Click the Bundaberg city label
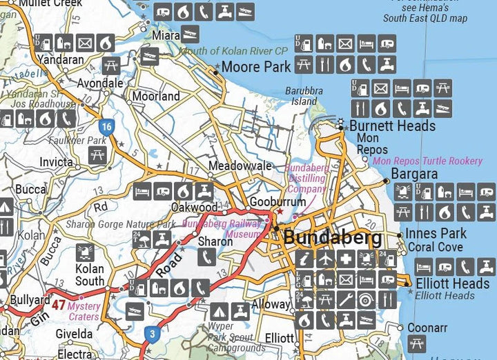pyautogui.click(x=333, y=239)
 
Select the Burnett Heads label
pyautogui.click(x=392, y=126)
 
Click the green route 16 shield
pyautogui.click(x=106, y=127)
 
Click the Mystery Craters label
pyautogui.click(x=84, y=311)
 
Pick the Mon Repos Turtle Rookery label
pyautogui.click(x=427, y=161)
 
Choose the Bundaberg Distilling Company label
pyautogui.click(x=306, y=178)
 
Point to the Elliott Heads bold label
pyautogui.click(x=452, y=283)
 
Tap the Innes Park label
pyautogui.click(x=436, y=233)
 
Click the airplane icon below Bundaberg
pyautogui.click(x=325, y=259)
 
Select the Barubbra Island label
pyautogui.click(x=304, y=96)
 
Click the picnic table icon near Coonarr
pyautogui.click(x=416, y=343)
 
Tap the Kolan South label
pyautogui.click(x=90, y=274)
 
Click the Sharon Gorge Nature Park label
pyautogui.click(x=120, y=224)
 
